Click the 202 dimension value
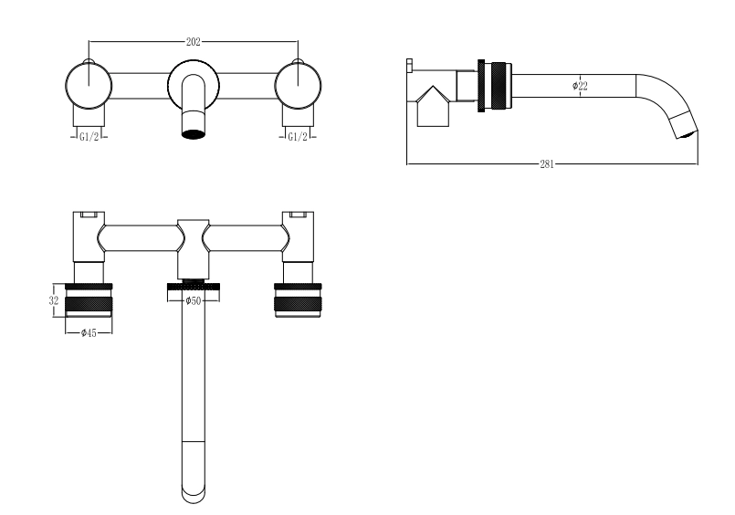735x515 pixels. (194, 42)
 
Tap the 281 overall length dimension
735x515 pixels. (547, 164)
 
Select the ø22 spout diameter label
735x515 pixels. (580, 86)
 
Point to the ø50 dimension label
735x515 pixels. (193, 300)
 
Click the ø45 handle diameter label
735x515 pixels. (89, 332)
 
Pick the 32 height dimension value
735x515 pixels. (54, 300)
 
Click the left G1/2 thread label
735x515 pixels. (89, 137)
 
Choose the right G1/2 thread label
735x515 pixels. (298, 137)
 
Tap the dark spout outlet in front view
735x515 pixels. (194, 134)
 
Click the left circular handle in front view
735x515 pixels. (89, 86)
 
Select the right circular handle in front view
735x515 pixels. (299, 86)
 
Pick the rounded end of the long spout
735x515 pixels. (194, 497)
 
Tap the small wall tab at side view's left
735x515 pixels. (409, 66)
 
